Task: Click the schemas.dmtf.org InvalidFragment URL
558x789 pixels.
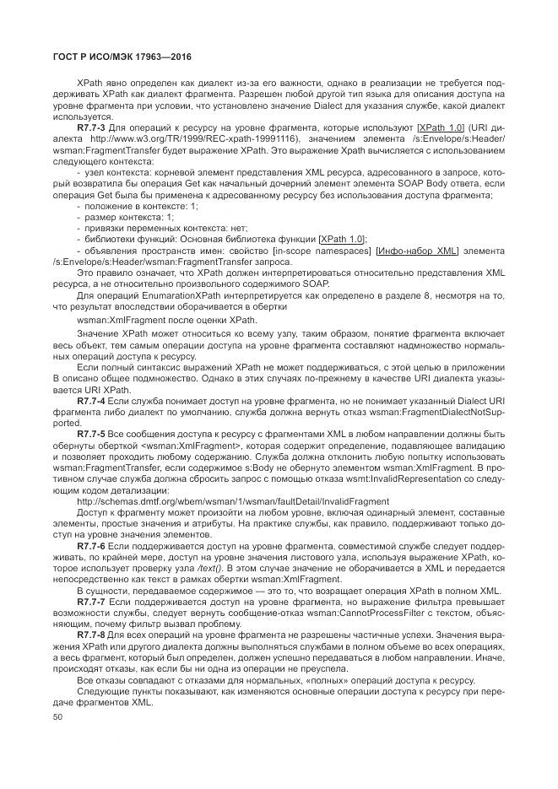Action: (232, 500)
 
